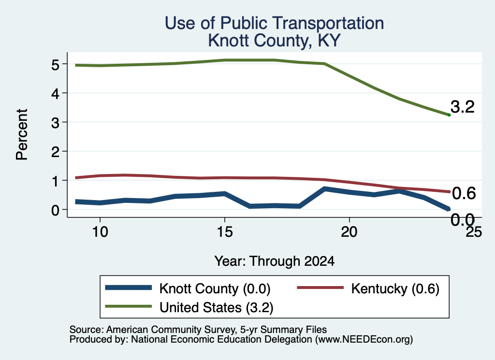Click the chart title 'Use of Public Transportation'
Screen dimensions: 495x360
[x=274, y=23]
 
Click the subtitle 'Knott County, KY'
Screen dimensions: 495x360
[x=274, y=41]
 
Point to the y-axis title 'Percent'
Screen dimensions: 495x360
[x=22, y=134]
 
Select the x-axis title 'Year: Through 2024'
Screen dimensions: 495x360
[x=275, y=261]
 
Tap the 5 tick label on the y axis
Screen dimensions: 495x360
[x=56, y=65]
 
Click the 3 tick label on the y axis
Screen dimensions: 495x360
[x=56, y=123]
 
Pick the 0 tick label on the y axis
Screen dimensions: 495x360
[x=56, y=210]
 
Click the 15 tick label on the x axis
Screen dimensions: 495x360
[x=225, y=232]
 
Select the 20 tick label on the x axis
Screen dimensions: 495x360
[x=349, y=232]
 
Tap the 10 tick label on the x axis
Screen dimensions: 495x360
[x=100, y=232]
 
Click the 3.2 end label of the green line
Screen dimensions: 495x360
[x=463, y=107]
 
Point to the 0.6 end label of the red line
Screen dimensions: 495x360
[x=464, y=193]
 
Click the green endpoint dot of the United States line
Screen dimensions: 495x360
[x=449, y=115]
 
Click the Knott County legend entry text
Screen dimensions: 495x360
[x=215, y=288]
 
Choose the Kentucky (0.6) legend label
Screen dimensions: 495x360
[x=395, y=288]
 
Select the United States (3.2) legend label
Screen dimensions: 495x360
[x=216, y=308]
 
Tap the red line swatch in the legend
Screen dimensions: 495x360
[x=320, y=288]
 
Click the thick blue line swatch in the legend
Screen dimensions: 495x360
[x=129, y=288]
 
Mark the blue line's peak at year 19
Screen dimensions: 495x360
[x=324, y=188]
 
